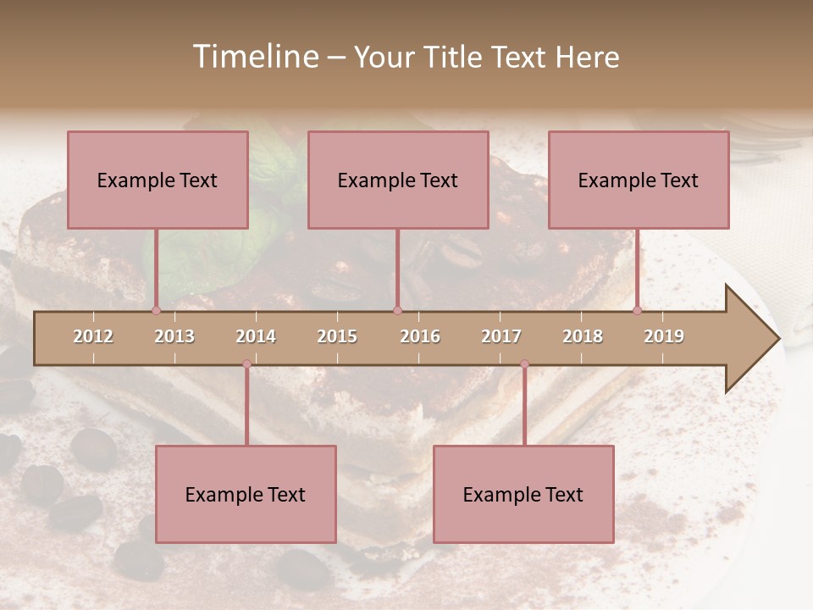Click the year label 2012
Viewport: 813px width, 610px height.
93,336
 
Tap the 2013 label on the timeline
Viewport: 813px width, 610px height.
174,336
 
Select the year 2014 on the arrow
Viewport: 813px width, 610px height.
256,336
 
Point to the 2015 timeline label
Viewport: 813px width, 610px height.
337,336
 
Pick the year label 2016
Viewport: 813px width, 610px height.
420,336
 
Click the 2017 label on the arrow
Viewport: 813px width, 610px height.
501,336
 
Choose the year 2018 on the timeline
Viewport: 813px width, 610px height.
583,336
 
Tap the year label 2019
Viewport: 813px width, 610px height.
664,336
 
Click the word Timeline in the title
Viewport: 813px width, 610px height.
253,57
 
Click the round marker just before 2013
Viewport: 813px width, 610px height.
156,311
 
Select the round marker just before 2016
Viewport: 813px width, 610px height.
397,311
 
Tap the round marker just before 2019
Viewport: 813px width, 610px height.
638,311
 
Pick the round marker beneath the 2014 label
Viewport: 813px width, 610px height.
246,364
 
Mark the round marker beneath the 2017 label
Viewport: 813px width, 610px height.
524,364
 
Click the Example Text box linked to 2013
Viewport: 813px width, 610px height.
158,180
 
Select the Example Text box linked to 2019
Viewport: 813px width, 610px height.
639,180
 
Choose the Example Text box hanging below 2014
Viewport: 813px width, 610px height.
246,494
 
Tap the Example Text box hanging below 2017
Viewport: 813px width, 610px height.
523,494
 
